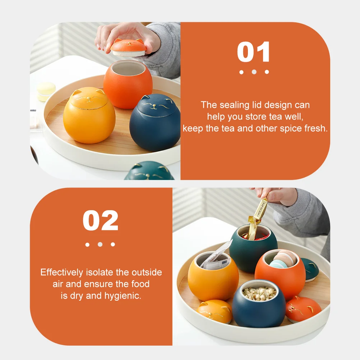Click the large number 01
tap(253, 52)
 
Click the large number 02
tap(100, 220)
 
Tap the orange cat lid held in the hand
tap(128, 47)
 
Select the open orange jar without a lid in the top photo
tap(128, 84)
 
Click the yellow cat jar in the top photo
tap(89, 115)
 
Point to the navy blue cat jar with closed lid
tap(154, 123)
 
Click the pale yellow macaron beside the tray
tap(46, 91)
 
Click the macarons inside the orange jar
tap(281, 260)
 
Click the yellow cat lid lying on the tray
tap(214, 311)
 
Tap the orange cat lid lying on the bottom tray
tap(303, 309)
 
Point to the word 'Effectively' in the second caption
tap(62, 272)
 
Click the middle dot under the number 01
tap(254, 72)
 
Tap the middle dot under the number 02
tap(100, 244)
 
